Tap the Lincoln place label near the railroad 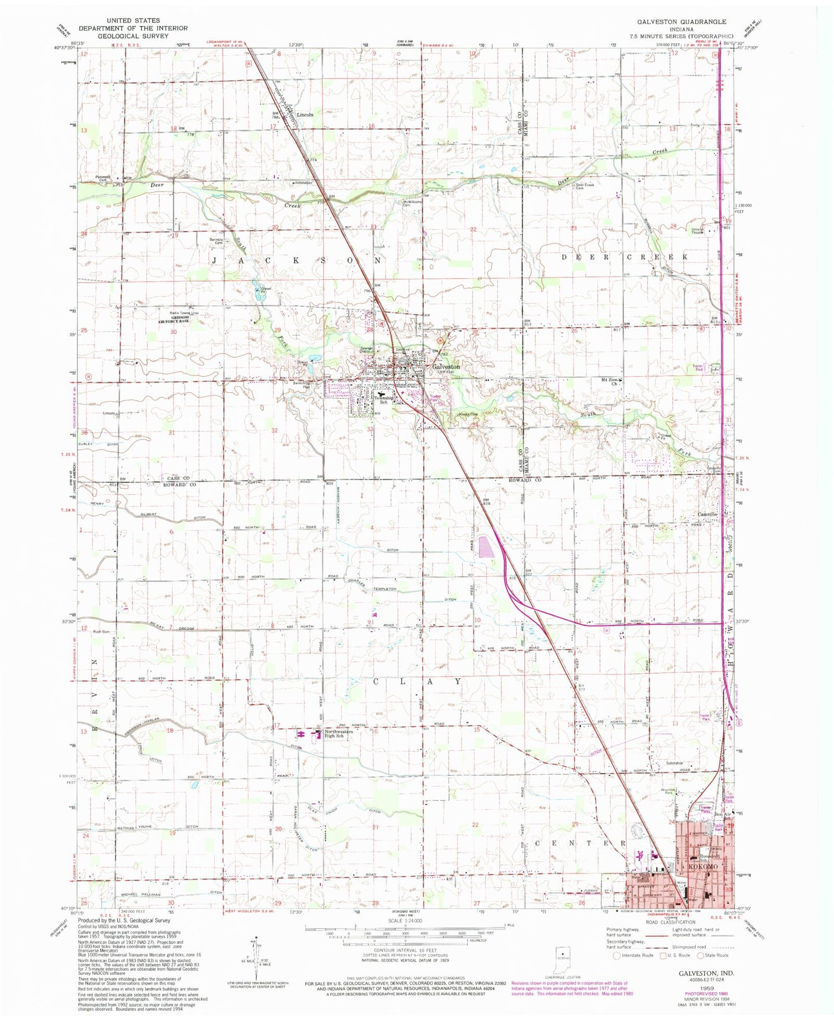point(305,115)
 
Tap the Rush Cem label point(101,632)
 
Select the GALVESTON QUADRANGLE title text point(682,21)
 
